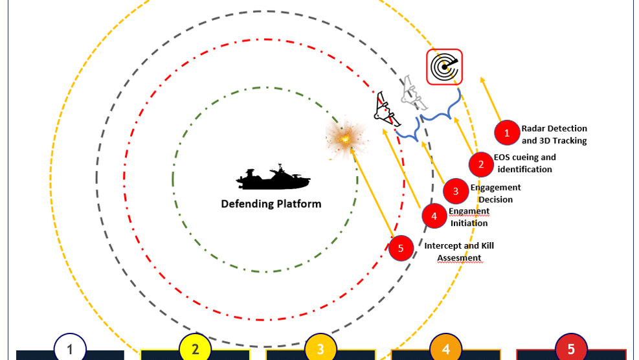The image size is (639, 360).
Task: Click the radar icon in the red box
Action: (444, 67)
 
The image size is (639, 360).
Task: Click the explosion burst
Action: (346, 139)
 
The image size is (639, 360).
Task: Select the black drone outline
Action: (387, 109)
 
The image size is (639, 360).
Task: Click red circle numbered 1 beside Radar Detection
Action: (507, 133)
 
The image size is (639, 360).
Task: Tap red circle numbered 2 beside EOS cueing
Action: (481, 164)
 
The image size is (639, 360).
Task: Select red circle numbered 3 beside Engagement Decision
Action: (456, 191)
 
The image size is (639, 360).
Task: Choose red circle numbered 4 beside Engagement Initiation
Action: (434, 216)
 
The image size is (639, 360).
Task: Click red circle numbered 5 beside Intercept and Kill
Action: (401, 248)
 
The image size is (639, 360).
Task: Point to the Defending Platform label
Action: (271, 204)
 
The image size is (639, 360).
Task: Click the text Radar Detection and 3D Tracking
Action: (554, 135)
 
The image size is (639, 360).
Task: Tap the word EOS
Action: (502, 157)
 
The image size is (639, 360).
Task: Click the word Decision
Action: (495, 199)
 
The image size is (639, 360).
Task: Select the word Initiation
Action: (469, 223)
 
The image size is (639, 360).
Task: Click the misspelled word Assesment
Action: (459, 258)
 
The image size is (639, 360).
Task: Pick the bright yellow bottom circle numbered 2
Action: (196, 349)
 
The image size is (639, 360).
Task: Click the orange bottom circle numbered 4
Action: (446, 349)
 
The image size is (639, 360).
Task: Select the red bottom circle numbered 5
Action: (571, 349)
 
